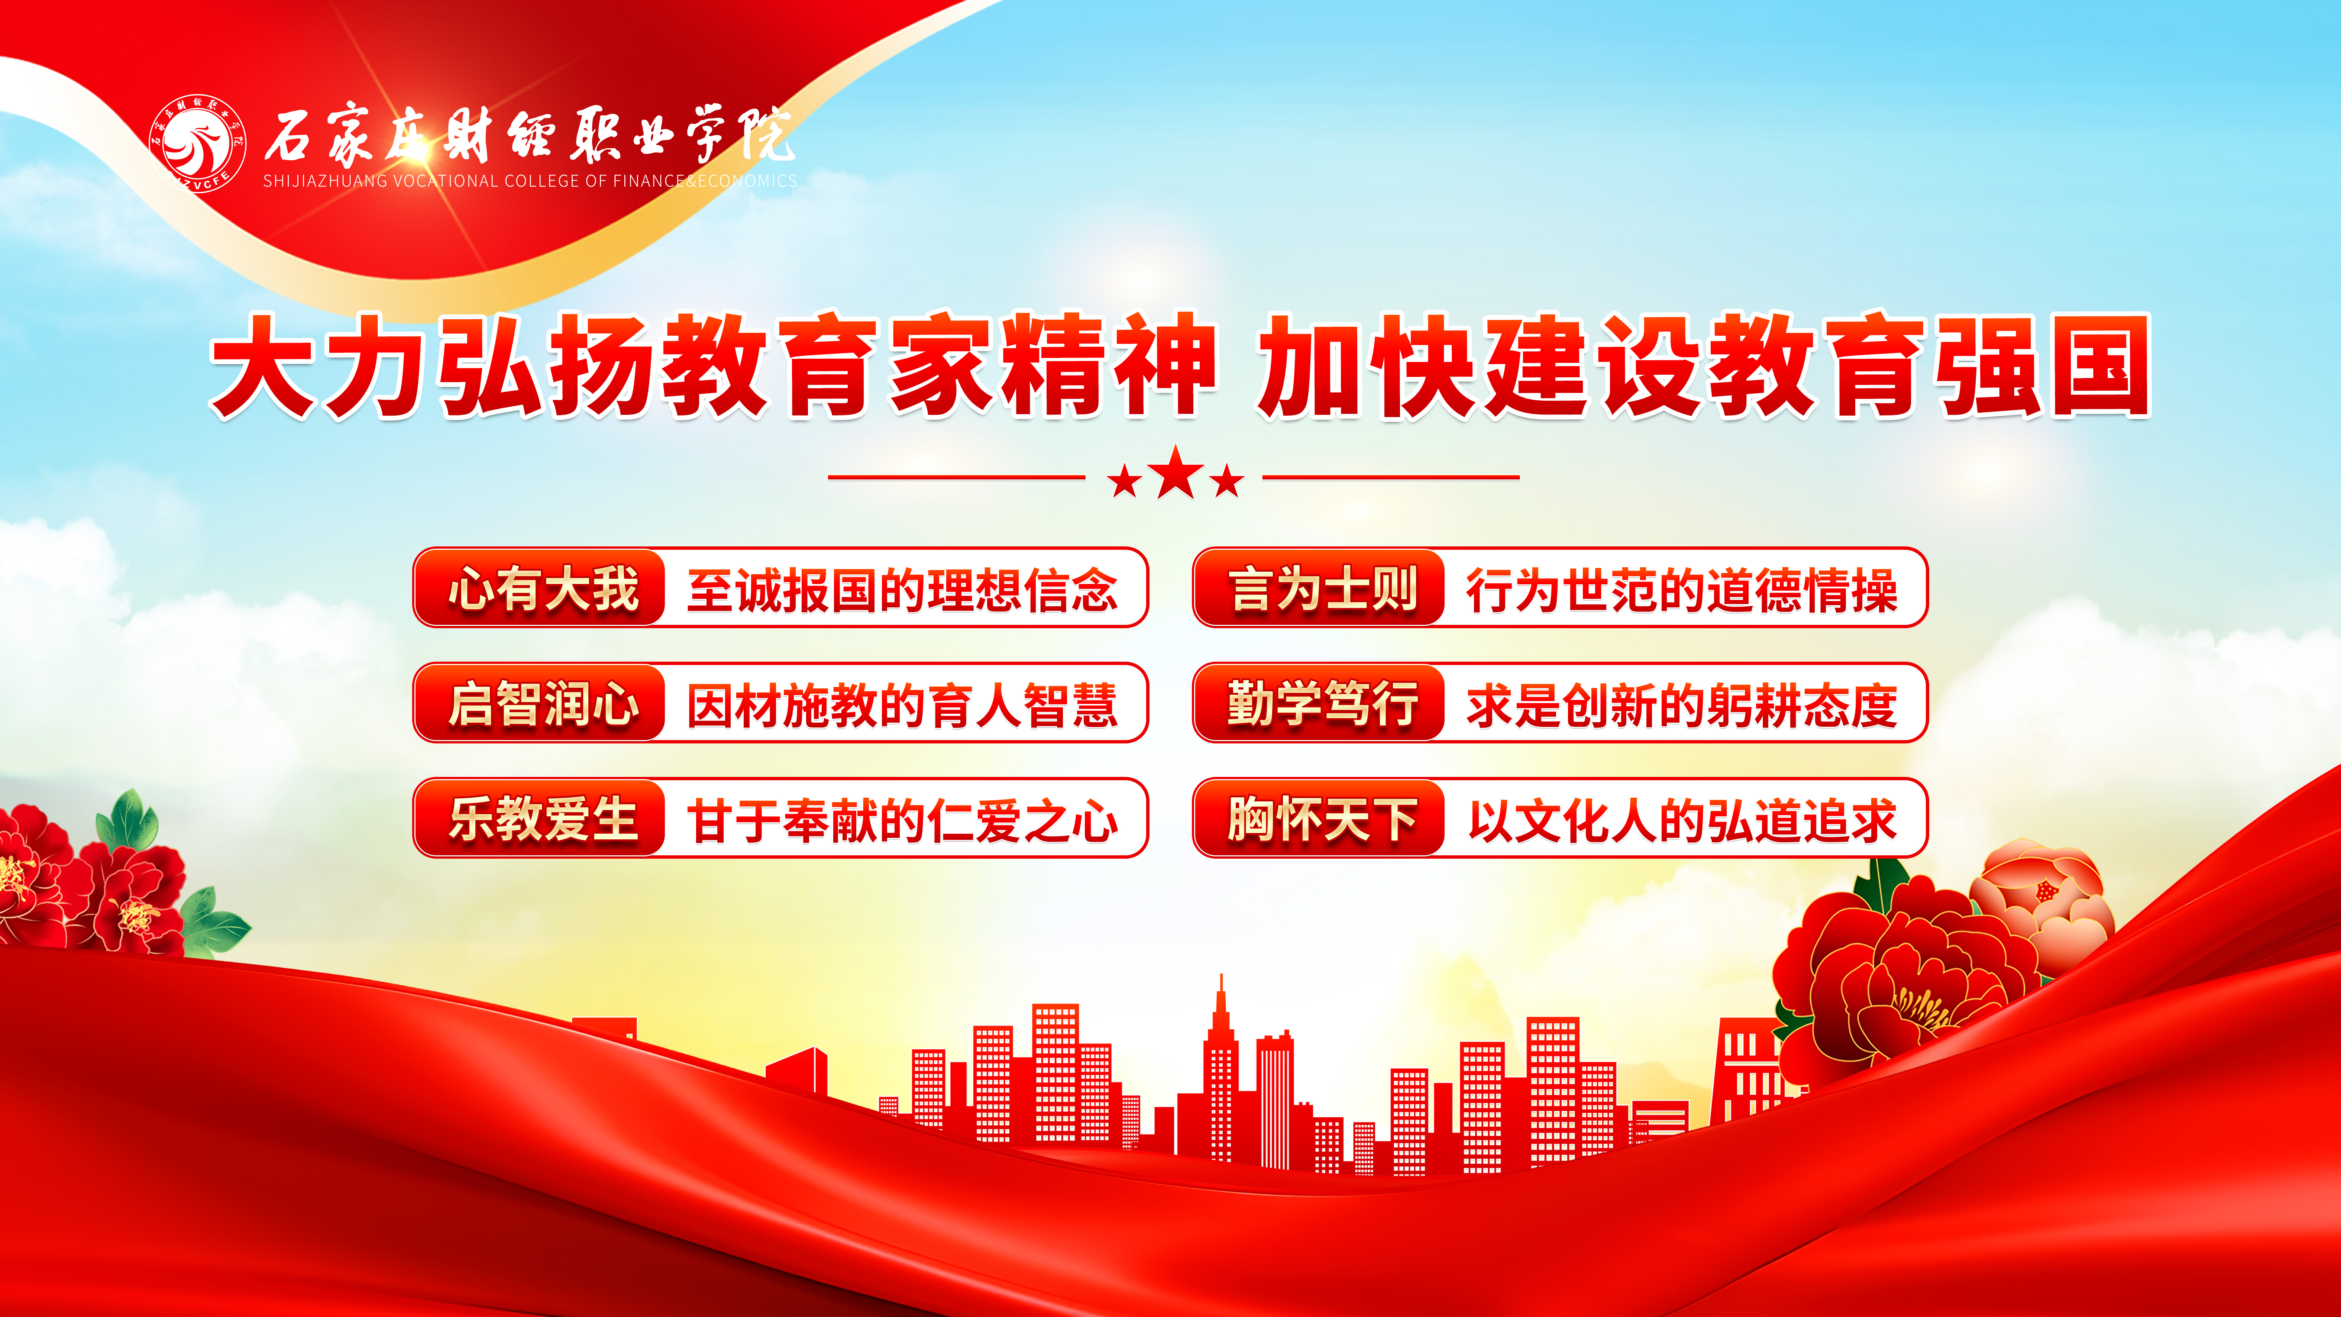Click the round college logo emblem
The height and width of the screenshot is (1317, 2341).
[x=197, y=143]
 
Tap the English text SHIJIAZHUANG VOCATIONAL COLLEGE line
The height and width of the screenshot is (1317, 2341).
[x=530, y=181]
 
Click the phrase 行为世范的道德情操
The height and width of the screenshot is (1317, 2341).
[x=1682, y=590]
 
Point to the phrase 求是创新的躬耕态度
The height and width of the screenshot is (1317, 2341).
[x=1682, y=705]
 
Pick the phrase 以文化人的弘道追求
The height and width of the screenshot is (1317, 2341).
[x=1682, y=821]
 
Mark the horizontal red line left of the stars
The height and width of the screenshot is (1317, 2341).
[x=957, y=476]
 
